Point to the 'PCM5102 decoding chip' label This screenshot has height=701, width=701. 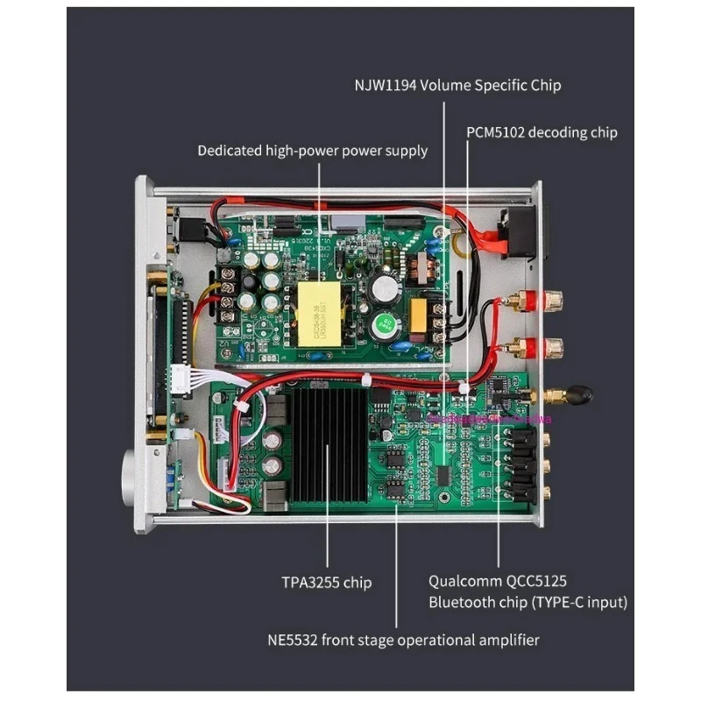tap(542, 132)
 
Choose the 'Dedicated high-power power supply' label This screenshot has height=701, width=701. tap(312, 151)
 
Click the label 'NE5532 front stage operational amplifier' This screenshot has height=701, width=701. tap(403, 640)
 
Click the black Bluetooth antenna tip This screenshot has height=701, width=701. tap(579, 396)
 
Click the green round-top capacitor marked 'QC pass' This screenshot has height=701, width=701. tap(385, 325)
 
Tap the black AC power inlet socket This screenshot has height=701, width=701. tap(518, 232)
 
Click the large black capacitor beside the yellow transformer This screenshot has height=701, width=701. tap(386, 286)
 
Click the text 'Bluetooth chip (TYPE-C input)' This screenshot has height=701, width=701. tap(528, 602)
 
